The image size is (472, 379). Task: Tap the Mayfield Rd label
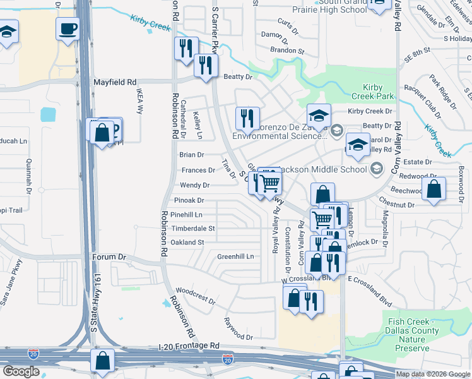(115, 82)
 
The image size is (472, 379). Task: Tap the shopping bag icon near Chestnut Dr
(434, 189)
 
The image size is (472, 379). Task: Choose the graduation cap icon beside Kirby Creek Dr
(319, 116)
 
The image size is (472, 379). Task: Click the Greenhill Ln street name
(235, 256)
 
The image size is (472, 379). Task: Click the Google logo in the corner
(21, 371)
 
